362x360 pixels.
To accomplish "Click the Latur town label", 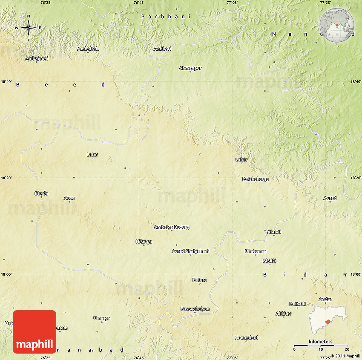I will (x=92, y=154).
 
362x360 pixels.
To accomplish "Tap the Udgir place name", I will (x=241, y=160).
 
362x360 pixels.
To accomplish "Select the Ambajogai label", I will (x=37, y=58).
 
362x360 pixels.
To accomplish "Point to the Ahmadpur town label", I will (x=190, y=68).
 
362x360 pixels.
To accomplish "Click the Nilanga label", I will (x=144, y=242).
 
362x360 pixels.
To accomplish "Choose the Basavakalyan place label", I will (x=195, y=308).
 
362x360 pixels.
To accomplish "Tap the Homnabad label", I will (x=246, y=338).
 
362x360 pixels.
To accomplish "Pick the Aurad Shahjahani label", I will (x=190, y=251).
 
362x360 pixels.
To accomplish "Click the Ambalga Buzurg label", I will (x=172, y=227).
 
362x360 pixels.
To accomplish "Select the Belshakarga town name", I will (x=255, y=179).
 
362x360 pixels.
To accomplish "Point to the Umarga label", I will (x=102, y=318).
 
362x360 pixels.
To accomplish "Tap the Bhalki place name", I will (x=270, y=260).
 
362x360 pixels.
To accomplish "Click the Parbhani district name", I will (x=166, y=16).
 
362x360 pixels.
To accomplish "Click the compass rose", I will (x=29, y=28).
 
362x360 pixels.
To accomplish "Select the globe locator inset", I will (x=337, y=25).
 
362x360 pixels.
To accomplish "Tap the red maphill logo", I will (x=34, y=331).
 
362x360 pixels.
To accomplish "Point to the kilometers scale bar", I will (x=321, y=345).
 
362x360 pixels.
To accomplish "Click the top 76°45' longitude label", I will (x=139, y=3).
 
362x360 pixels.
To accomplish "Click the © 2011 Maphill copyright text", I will (x=343, y=356).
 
